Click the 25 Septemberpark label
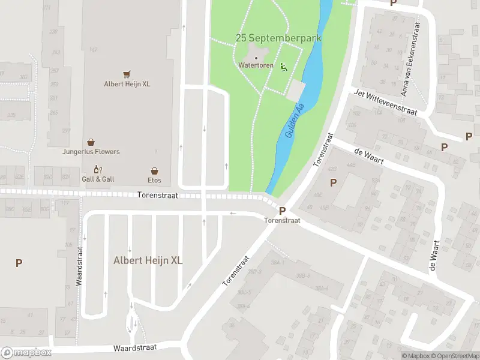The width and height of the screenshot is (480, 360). coord(278,38)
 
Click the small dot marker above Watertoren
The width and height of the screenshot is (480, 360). coord(256,58)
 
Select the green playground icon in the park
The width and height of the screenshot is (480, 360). coord(284,68)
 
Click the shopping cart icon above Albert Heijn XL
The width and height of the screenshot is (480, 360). coord(127,74)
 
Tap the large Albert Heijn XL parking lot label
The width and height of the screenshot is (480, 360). coord(148,260)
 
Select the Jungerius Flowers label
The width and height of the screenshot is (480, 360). coord(91,152)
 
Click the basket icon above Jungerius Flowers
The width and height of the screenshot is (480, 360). coord(91,142)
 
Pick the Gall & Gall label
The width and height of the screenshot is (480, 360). coord(98,179)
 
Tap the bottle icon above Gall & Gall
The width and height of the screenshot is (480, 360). coord(97,170)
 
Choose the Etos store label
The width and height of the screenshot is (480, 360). coord(154,179)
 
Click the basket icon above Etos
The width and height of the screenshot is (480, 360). coord(154,170)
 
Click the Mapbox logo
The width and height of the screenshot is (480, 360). coord(26,352)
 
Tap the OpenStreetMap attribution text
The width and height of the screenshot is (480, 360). coord(454,356)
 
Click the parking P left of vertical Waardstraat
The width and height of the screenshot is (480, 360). coord(19,263)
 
